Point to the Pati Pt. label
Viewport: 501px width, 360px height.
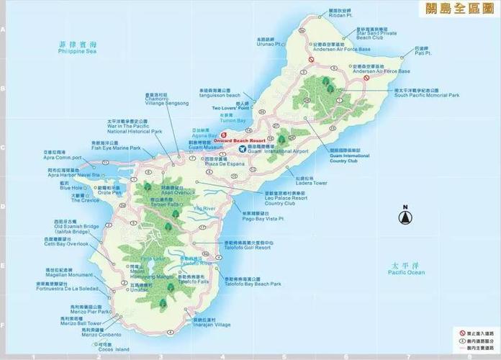(x=423, y=53)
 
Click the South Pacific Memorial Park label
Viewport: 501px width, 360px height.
(x=426, y=94)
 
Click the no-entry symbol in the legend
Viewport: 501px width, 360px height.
(x=462, y=332)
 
